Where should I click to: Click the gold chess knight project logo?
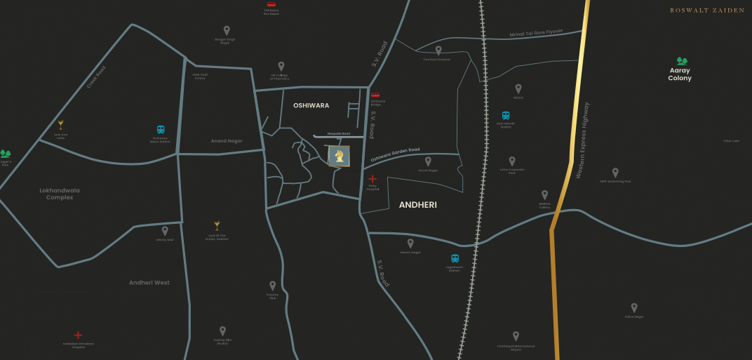[x=339, y=156]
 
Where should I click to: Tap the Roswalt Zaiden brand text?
[x=707, y=11]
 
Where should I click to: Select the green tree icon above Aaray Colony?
[x=681, y=62]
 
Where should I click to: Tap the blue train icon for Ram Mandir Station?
[x=505, y=116]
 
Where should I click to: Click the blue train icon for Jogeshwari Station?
[x=455, y=259]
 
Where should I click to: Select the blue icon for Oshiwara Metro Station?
[x=161, y=130]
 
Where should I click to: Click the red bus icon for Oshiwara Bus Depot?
[x=271, y=4]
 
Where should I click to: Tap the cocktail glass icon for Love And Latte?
[x=60, y=124]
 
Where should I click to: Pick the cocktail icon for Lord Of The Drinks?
[x=217, y=225]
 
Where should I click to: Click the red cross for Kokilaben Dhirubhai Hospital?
[x=78, y=335]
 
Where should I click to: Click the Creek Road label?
[x=96, y=77]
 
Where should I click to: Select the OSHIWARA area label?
[x=311, y=105]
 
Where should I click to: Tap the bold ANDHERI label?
[x=417, y=205]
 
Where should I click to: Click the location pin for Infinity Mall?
[x=165, y=230]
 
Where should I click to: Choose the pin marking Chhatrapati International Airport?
[x=516, y=336]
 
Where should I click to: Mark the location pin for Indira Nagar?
[x=633, y=307]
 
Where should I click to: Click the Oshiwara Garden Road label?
[x=394, y=154]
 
